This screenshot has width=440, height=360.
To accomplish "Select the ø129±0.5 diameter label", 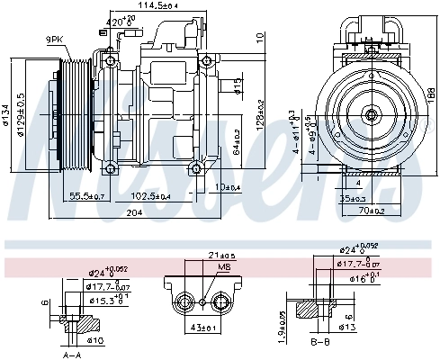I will (x=22, y=114).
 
